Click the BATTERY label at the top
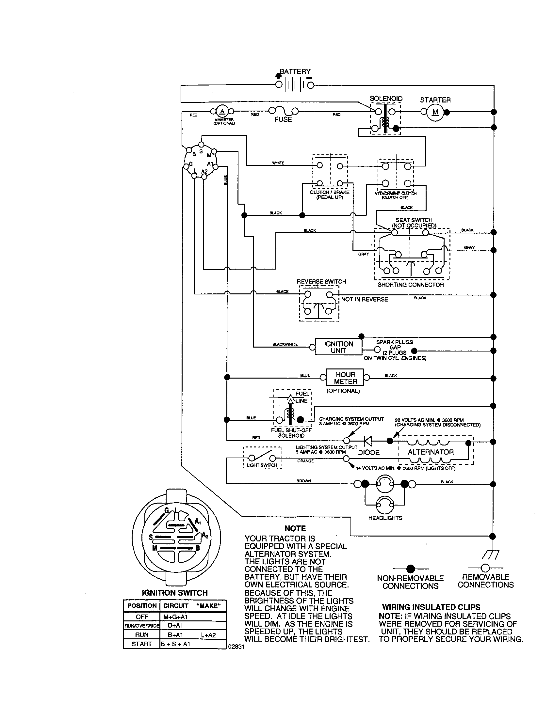click(295, 71)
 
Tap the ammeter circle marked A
click(222, 111)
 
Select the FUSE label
click(283, 119)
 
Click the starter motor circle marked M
click(435, 112)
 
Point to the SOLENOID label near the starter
click(386, 99)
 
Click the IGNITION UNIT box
click(338, 347)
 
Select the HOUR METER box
click(345, 378)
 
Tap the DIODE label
click(369, 453)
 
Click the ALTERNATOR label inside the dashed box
click(431, 452)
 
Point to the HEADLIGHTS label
click(385, 518)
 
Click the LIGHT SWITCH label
click(262, 465)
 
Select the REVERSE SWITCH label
click(321, 282)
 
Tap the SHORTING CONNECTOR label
click(411, 285)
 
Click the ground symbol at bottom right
click(492, 554)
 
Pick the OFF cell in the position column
click(142, 617)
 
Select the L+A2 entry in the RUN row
click(208, 635)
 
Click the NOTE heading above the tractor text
click(295, 529)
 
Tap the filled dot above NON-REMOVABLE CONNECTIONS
click(411, 569)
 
